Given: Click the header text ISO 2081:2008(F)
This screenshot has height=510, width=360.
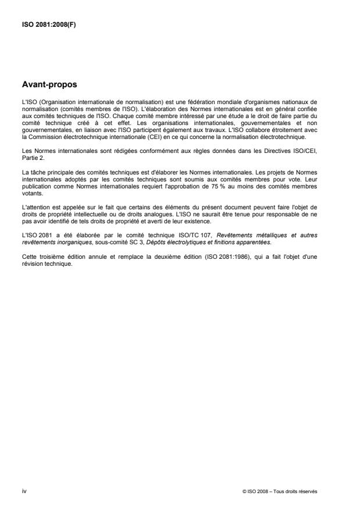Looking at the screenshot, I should coord(41,24).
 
